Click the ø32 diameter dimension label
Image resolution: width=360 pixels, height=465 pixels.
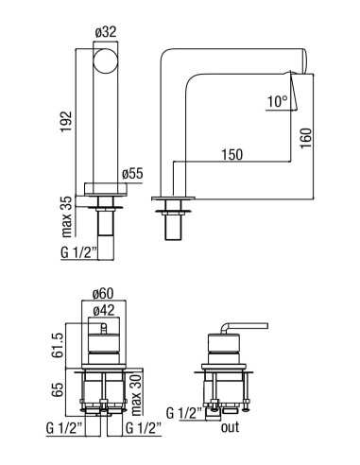[x=105, y=32]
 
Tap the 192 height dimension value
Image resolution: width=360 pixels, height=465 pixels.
[x=66, y=121]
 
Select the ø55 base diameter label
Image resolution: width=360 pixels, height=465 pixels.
[x=132, y=174]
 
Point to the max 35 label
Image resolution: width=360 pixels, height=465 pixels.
[x=67, y=216]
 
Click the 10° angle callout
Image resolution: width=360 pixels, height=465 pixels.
[x=278, y=102]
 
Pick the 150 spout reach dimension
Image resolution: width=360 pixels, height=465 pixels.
[x=232, y=155]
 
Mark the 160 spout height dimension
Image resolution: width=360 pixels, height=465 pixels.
[x=306, y=138]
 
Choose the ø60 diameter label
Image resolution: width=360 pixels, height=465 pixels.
[x=103, y=294]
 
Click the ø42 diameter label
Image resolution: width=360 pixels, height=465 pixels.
[x=104, y=311]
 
